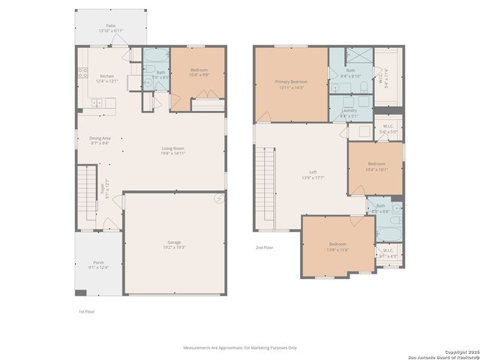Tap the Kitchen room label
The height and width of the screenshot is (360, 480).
point(106,79)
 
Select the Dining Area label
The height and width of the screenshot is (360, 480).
point(100,140)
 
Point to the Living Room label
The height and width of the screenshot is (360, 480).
point(172,151)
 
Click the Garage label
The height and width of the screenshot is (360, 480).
point(174,244)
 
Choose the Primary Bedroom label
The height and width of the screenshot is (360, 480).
point(291,83)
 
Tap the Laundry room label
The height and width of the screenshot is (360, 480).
point(349,114)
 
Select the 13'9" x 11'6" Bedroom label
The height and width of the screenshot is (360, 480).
point(337,247)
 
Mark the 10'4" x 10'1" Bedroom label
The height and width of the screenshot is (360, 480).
point(376,166)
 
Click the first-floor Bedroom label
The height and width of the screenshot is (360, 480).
point(199,72)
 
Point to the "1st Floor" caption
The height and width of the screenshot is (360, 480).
point(86,311)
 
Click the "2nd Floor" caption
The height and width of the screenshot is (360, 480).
point(264,247)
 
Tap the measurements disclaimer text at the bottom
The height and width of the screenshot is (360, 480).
point(240,347)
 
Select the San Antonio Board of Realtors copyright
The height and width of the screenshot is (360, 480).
point(442,354)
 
